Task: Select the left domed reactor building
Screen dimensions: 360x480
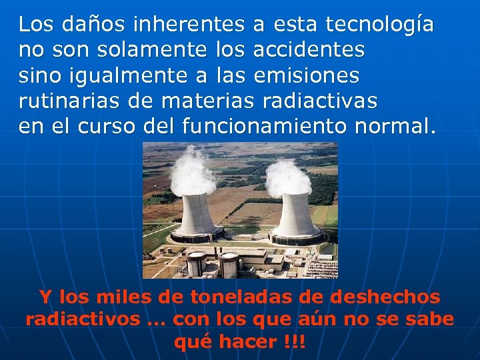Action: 196,263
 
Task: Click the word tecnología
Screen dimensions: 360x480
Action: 379,24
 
